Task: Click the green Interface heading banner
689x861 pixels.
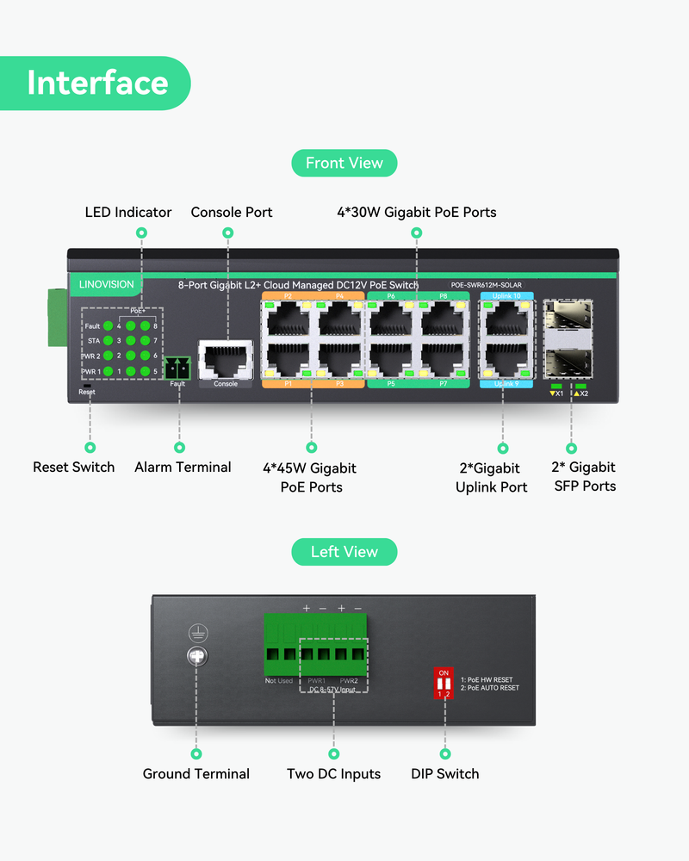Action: (96, 83)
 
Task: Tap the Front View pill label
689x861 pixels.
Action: (344, 163)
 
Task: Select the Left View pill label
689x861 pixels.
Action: (344, 552)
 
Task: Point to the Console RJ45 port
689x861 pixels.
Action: (226, 356)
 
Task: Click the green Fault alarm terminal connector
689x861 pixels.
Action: (177, 367)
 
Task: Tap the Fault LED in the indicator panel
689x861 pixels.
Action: (108, 326)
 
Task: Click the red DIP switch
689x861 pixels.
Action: (444, 683)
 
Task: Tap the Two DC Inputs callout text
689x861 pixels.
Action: (334, 774)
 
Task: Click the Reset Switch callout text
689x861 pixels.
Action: (74, 467)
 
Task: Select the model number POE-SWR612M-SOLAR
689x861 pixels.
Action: (487, 285)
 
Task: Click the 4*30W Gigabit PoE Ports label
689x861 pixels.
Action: (417, 212)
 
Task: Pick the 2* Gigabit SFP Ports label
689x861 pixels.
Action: (584, 476)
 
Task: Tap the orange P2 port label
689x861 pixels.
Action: (288, 295)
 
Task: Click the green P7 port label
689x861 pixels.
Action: (444, 383)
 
